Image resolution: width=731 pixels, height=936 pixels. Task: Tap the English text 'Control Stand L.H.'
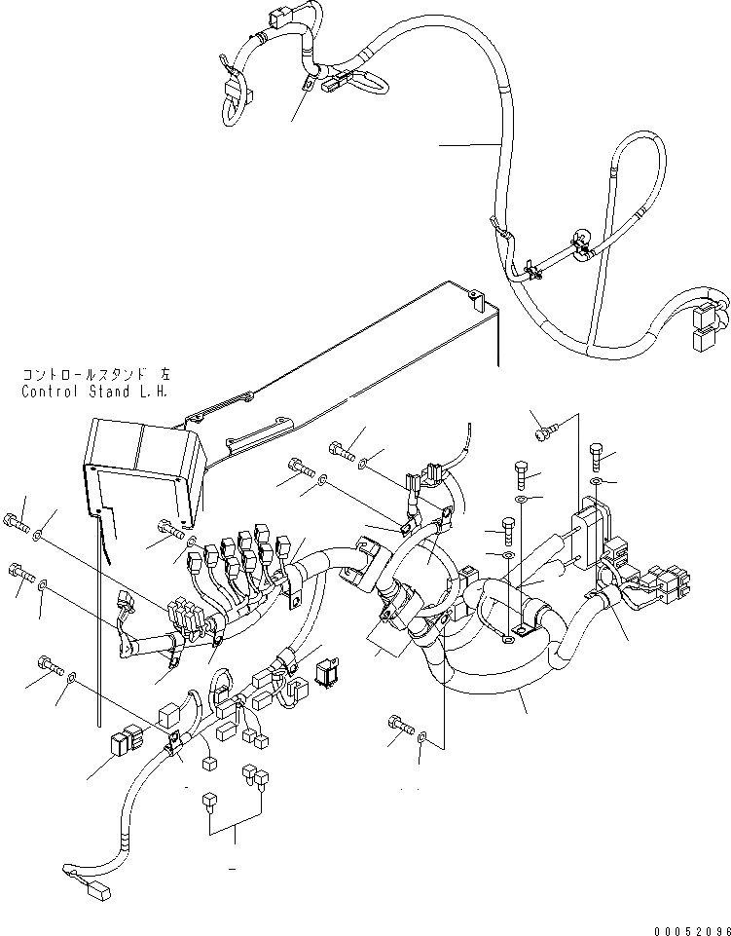coord(92,392)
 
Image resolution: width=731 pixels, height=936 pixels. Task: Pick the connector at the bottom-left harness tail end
coord(95,889)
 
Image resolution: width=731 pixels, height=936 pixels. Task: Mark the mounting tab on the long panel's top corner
coord(474,293)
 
